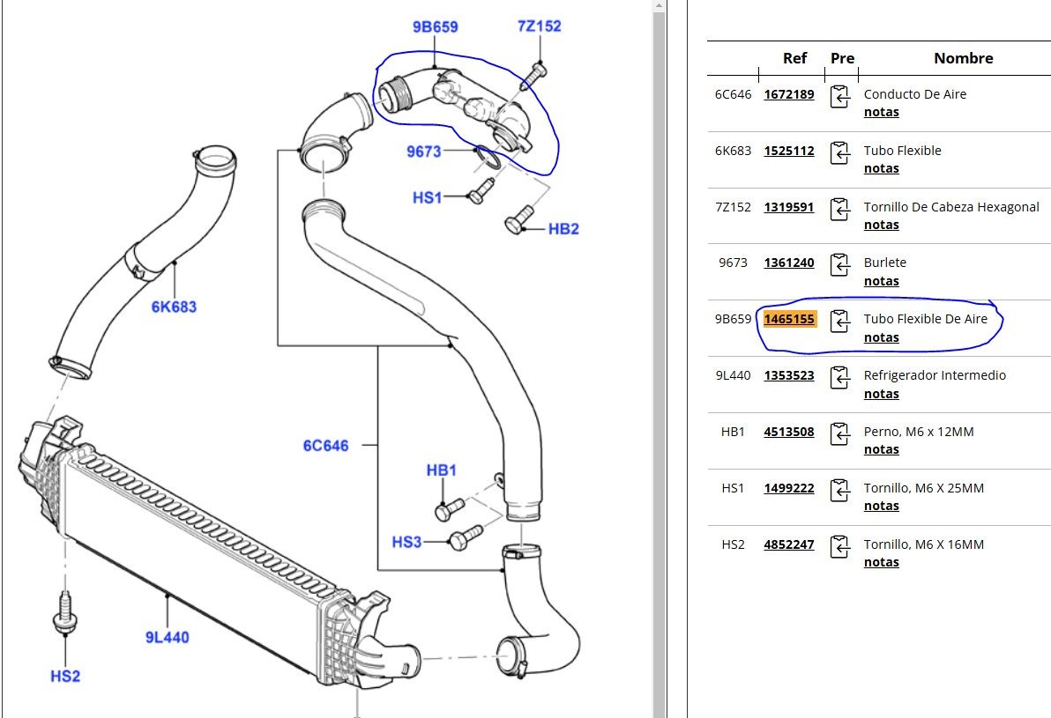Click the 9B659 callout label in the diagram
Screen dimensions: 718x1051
tap(435, 27)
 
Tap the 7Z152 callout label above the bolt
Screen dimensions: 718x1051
tap(539, 26)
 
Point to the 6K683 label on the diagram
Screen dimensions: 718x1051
tap(174, 307)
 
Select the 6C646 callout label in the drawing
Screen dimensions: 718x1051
tap(325, 446)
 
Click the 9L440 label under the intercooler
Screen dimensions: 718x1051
tap(168, 636)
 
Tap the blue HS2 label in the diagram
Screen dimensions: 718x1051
tap(65, 676)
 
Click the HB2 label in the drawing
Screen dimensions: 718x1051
tap(563, 229)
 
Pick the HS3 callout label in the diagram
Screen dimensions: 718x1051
tap(406, 542)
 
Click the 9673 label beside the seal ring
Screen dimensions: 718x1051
tap(423, 152)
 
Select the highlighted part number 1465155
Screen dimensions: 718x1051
tap(789, 319)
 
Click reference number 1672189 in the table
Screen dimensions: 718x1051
tap(789, 94)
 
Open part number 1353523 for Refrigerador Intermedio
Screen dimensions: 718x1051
tap(789, 375)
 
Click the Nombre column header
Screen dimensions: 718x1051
tap(963, 58)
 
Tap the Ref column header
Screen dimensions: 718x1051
tap(794, 58)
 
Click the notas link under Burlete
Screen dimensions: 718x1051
tap(881, 281)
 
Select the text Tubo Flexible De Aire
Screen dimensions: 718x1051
tap(926, 319)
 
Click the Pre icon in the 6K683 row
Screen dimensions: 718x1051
tap(840, 152)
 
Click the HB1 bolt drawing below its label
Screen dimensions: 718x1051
tap(449, 509)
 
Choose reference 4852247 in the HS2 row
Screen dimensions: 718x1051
tap(789, 544)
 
